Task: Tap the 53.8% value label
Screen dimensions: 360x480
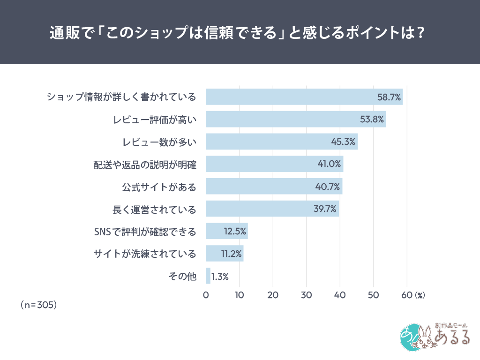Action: [x=372, y=120]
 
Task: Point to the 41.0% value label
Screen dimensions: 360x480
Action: [x=328, y=164]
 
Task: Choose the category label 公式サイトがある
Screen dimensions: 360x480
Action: [x=159, y=187]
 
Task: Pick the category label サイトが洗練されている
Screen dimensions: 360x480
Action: [x=144, y=254]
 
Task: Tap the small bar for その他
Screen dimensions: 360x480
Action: [x=208, y=276]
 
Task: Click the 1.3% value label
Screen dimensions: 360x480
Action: [x=220, y=277]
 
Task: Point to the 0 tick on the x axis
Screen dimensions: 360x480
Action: [x=206, y=295]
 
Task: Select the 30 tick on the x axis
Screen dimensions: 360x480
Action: [x=306, y=295]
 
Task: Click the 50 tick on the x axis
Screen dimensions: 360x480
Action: [x=373, y=295]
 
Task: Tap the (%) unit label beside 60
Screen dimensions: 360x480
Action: [x=420, y=296]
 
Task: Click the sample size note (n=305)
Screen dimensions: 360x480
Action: [x=39, y=305]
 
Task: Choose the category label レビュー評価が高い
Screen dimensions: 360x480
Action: [x=155, y=120]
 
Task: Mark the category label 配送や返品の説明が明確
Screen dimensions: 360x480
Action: [x=144, y=165]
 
